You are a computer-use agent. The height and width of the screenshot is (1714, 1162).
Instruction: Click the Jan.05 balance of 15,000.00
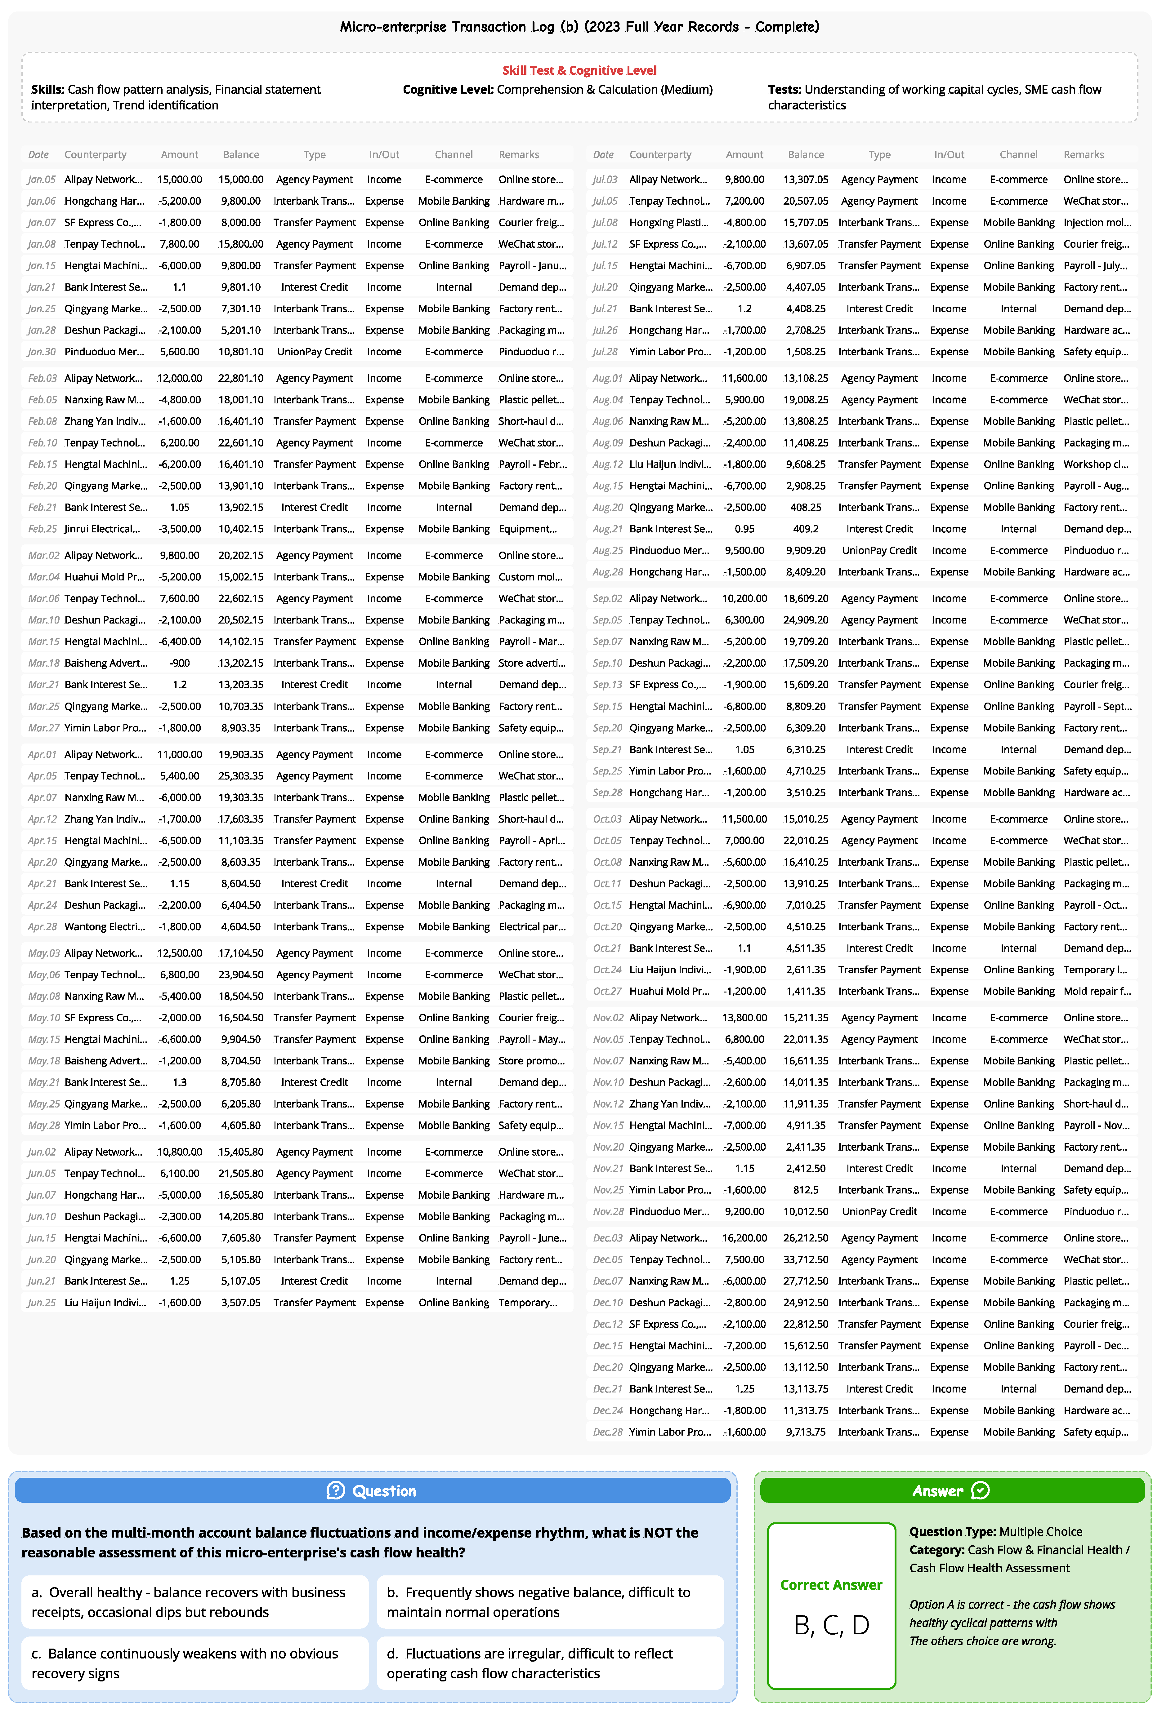tap(240, 179)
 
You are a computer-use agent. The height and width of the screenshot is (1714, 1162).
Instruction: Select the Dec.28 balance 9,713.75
tap(806, 1432)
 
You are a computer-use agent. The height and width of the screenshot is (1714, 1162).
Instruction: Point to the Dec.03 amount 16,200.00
tap(744, 1237)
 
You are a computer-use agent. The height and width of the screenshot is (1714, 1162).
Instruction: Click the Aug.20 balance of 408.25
tap(806, 508)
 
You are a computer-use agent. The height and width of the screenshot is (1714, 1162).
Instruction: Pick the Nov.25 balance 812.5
tap(806, 1190)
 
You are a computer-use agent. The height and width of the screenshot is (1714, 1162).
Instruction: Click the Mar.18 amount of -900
tap(179, 663)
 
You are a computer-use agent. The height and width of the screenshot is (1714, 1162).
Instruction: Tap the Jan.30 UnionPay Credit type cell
tap(314, 352)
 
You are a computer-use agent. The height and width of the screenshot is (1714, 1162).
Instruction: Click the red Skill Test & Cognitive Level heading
tap(579, 70)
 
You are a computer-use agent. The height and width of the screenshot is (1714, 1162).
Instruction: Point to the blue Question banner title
tap(384, 1490)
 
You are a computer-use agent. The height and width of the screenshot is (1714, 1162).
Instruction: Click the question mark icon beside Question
tap(336, 1490)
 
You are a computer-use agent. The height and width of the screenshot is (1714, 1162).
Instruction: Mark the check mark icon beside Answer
tap(981, 1490)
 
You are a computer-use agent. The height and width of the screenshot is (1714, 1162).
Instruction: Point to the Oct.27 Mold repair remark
tap(1096, 991)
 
